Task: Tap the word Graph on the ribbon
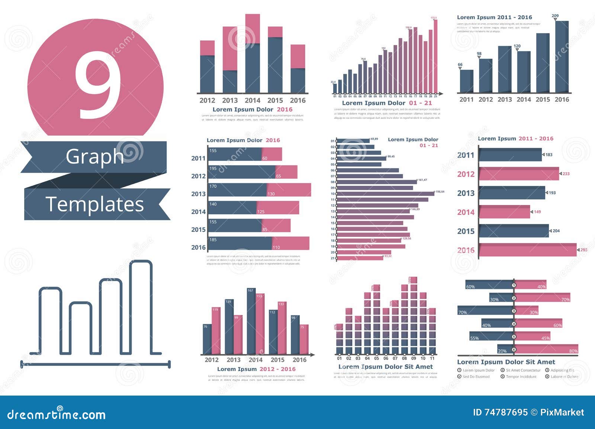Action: [95, 156]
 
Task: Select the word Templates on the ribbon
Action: [94, 204]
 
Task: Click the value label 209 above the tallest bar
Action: [555, 16]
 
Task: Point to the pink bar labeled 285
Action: [527, 250]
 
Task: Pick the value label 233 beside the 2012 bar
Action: [566, 174]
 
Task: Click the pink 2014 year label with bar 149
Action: [466, 212]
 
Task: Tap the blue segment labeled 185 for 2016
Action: [240, 243]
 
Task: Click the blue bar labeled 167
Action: [251, 321]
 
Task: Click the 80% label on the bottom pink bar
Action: [573, 351]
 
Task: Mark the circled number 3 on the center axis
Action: [514, 311]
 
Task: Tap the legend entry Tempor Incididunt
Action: [521, 377]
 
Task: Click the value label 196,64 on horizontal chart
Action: [440, 192]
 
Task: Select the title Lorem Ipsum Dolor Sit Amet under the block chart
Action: [385, 367]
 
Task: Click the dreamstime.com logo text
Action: [57, 415]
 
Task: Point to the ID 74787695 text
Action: [500, 412]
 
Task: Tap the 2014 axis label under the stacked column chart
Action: [253, 100]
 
